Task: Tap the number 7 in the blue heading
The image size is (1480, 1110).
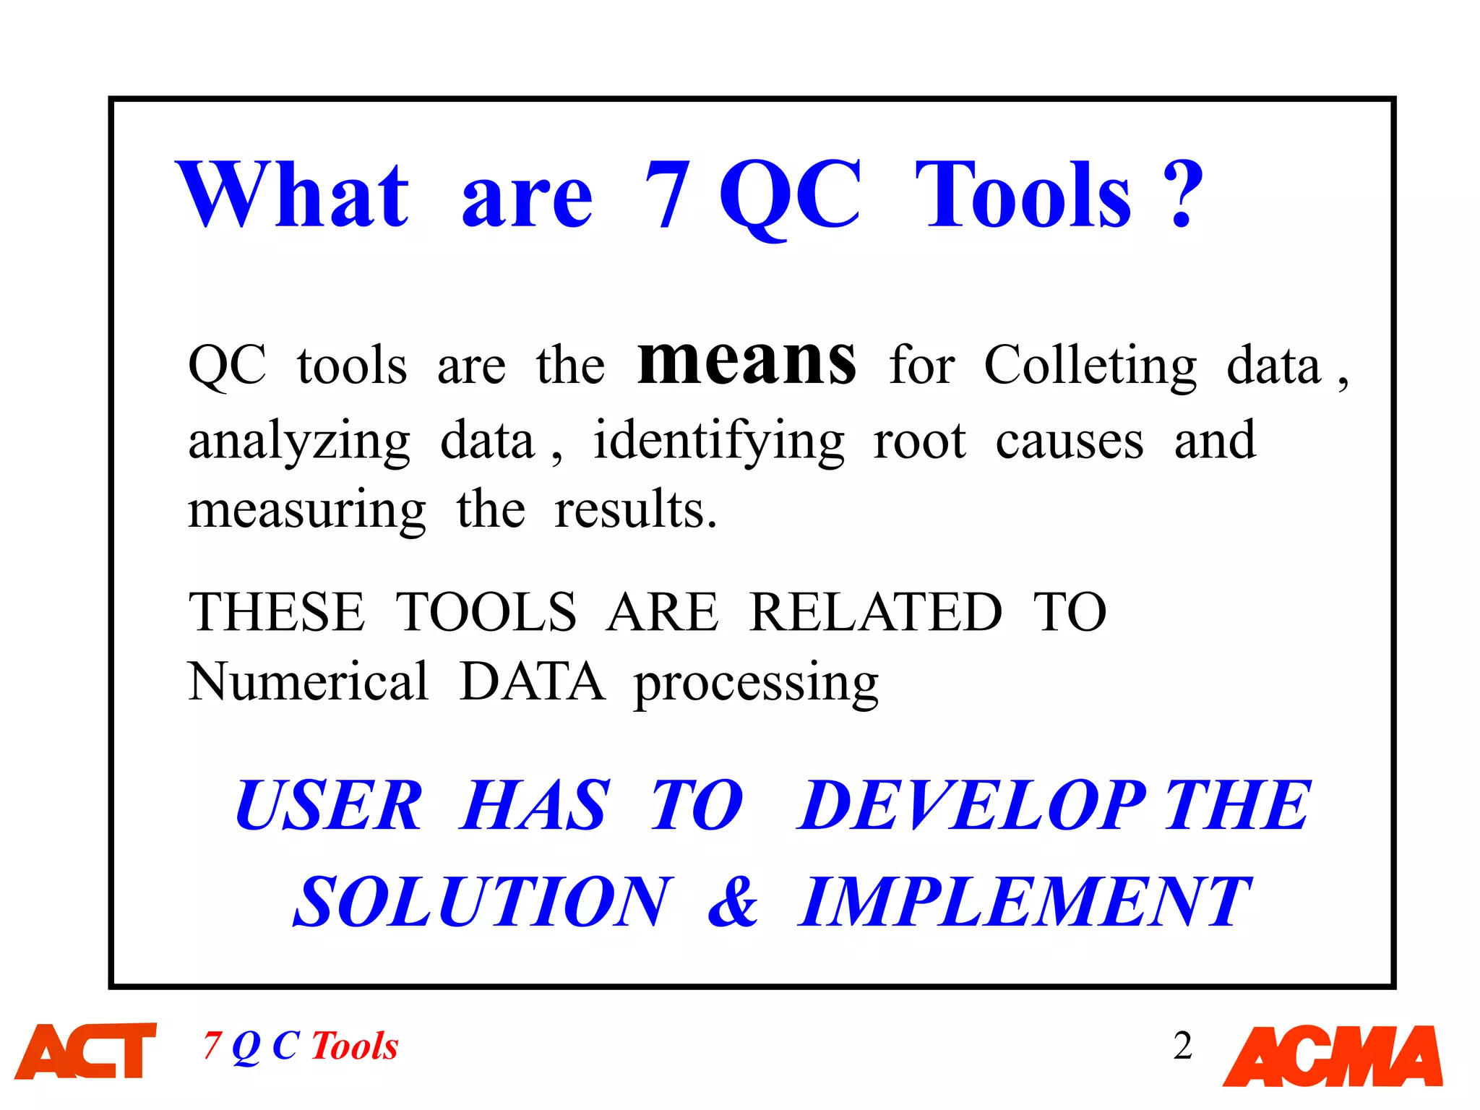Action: (x=667, y=195)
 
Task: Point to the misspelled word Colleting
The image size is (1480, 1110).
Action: (x=1090, y=366)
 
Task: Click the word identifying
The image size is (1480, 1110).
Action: (x=718, y=441)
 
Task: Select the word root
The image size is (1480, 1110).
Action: (x=919, y=441)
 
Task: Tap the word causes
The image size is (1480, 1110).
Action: (x=1070, y=441)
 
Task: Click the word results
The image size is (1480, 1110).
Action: (x=635, y=509)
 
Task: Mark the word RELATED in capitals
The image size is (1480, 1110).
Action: (x=875, y=612)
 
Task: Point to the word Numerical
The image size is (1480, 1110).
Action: (x=308, y=681)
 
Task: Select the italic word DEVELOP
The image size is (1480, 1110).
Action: (x=972, y=805)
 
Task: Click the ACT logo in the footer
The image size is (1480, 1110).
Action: (x=86, y=1051)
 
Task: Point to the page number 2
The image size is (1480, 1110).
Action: (x=1183, y=1046)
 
